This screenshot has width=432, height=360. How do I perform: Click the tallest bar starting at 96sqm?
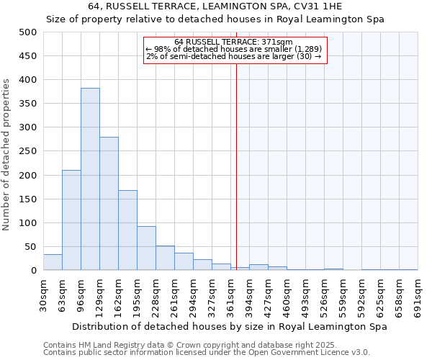pyautogui.click(x=90, y=179)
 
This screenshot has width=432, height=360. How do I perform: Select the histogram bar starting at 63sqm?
pyautogui.click(x=71, y=220)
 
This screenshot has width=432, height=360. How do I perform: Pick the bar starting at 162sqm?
pyautogui.click(x=127, y=230)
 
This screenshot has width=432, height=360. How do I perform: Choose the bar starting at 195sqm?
pyautogui.click(x=146, y=248)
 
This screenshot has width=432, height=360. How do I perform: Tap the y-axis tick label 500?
pyautogui.click(x=27, y=32)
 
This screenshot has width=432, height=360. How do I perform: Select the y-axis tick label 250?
pyautogui.click(x=27, y=151)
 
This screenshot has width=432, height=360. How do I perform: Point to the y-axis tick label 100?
pyautogui.click(x=27, y=223)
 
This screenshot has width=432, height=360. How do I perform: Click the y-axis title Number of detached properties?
pyautogui.click(x=8, y=154)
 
